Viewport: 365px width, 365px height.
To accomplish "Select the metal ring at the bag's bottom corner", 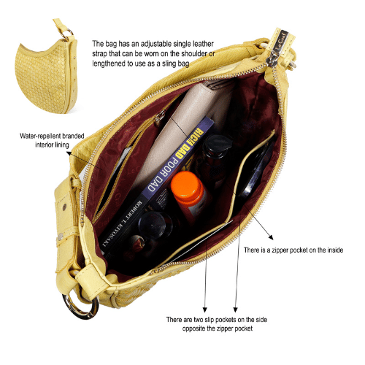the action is tap(80, 307).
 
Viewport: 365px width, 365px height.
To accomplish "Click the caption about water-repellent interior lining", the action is tap(52, 140).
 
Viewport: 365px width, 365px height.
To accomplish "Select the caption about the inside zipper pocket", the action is tap(293, 250).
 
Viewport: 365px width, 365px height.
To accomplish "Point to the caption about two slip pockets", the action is tap(217, 323).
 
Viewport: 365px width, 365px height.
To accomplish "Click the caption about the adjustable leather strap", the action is tap(153, 53).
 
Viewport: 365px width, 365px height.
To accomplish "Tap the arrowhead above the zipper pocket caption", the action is tap(271, 237).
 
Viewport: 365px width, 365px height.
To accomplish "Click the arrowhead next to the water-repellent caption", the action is tap(69, 153).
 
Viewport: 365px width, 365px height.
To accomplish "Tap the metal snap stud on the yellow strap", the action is tap(64, 207).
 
